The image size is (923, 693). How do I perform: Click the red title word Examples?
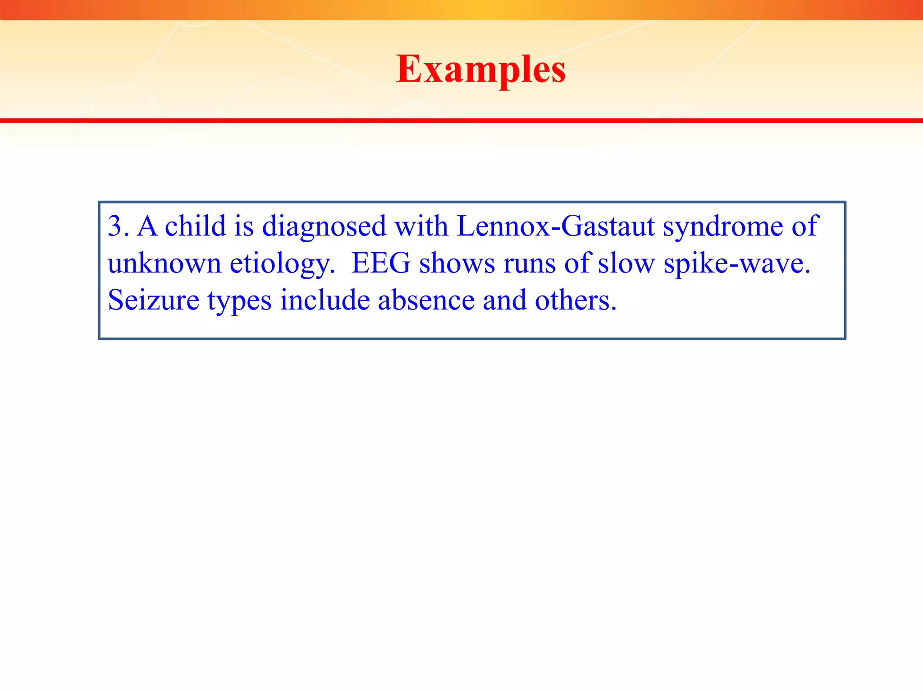click(480, 69)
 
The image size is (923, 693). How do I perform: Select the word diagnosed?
click(324, 226)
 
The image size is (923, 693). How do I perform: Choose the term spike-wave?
click(736, 264)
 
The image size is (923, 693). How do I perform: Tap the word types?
click(239, 301)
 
